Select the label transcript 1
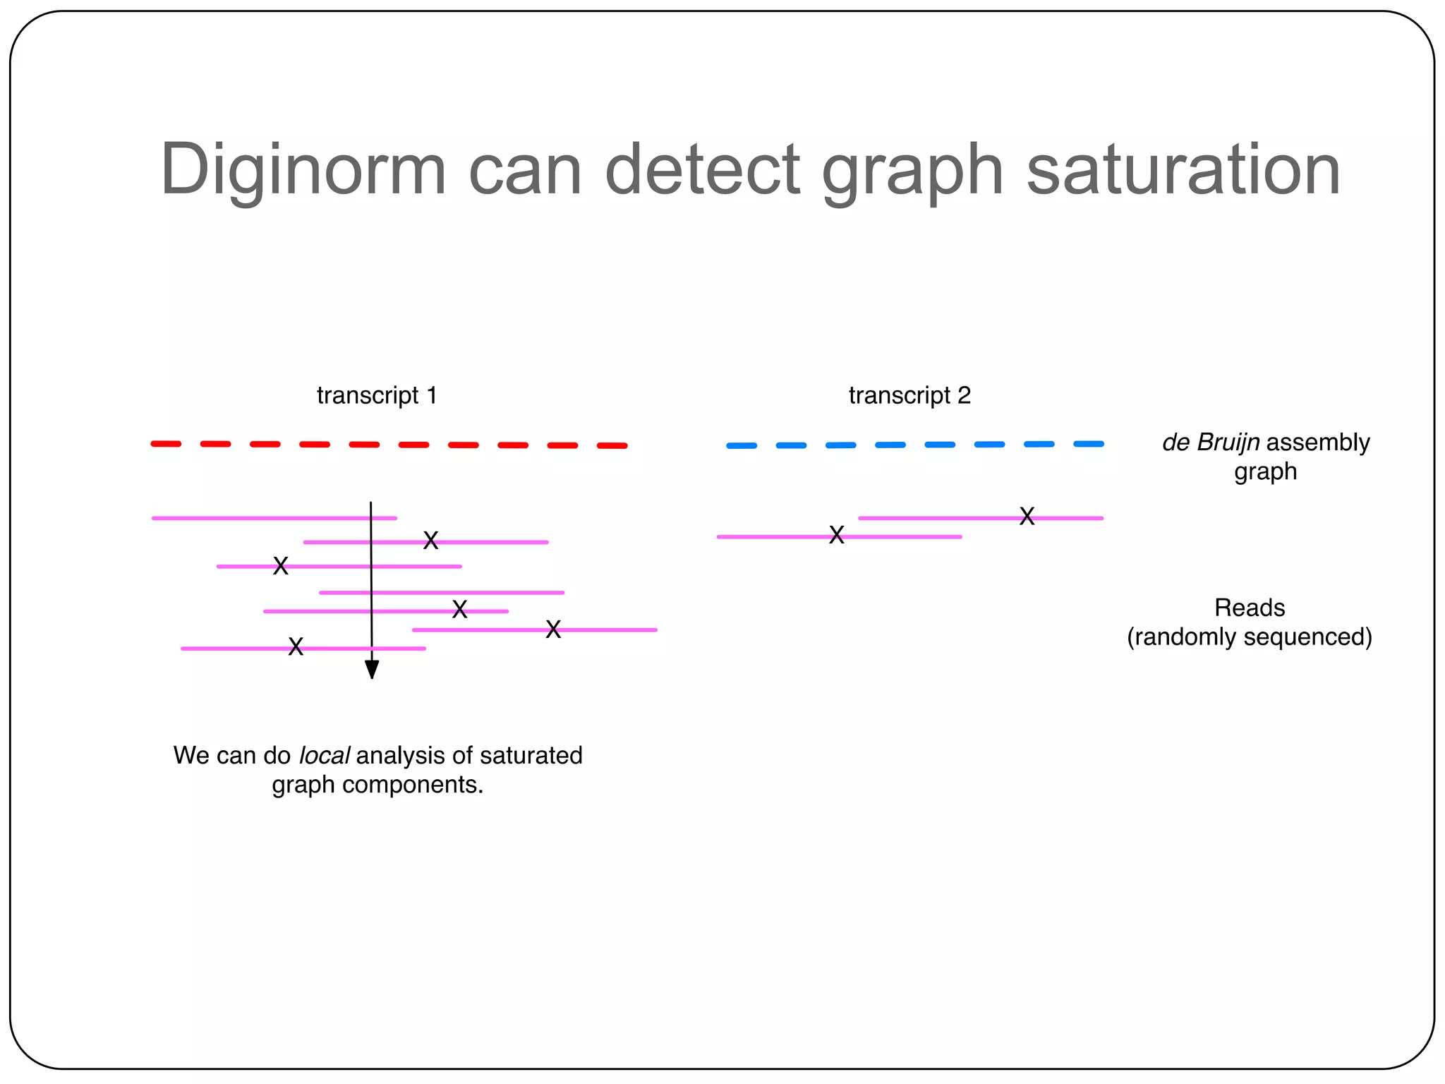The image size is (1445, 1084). click(x=377, y=395)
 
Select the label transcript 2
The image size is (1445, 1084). click(x=909, y=395)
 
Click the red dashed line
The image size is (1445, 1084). click(x=389, y=445)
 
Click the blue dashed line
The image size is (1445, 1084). click(x=915, y=445)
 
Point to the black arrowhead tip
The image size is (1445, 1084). click(x=372, y=676)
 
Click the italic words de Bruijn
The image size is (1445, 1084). click(x=1211, y=442)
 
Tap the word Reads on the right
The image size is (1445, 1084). click(x=1250, y=608)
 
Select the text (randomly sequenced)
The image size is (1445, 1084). click(x=1250, y=637)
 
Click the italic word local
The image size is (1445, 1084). click(x=324, y=756)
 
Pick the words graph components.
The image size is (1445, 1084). click(x=377, y=785)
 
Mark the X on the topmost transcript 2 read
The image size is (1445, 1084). click(x=1027, y=517)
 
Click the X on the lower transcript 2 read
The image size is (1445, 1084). click(x=837, y=536)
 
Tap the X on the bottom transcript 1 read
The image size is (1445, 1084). click(x=296, y=646)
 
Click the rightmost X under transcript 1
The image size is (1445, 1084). click(x=553, y=630)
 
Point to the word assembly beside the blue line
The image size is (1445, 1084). click(x=1318, y=442)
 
